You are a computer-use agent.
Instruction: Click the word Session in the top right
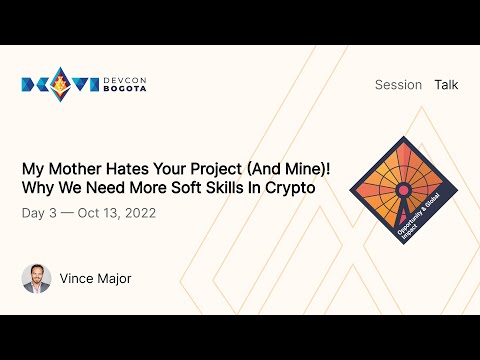point(398,85)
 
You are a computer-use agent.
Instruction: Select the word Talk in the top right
point(446,85)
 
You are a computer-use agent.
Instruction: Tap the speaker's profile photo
point(36,278)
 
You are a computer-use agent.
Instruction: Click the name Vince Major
point(95,278)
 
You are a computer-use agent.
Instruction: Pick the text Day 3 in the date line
point(39,213)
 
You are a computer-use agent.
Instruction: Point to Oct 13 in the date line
point(95,213)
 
